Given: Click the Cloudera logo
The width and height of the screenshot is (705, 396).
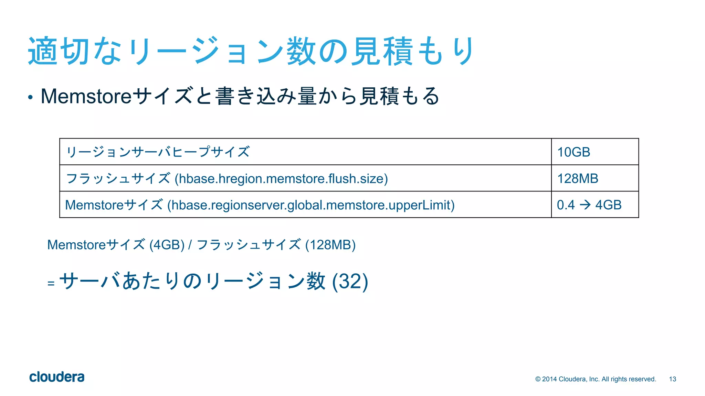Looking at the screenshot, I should tap(57, 377).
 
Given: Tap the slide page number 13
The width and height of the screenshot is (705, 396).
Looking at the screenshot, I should tap(673, 379).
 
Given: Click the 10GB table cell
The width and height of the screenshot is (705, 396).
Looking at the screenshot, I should tap(574, 152).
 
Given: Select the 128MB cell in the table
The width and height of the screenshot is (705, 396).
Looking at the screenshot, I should tap(578, 178).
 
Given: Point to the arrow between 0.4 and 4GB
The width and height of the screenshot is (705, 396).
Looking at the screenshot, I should tap(585, 205).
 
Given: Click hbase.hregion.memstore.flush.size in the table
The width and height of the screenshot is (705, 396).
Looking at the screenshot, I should tap(281, 179).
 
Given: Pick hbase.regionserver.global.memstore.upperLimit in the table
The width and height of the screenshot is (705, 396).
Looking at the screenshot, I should tap(311, 205).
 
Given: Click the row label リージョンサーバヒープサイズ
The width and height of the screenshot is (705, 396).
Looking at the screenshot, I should tap(158, 152).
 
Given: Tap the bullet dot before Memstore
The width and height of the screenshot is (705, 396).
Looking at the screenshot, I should tap(31, 98).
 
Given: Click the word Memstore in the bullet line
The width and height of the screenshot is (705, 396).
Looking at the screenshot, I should tap(86, 96).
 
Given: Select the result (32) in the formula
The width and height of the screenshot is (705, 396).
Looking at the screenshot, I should tap(350, 281).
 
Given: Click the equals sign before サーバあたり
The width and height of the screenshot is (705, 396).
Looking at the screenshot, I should tap(51, 284).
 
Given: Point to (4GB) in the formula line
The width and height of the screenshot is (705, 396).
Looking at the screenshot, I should tap(167, 245).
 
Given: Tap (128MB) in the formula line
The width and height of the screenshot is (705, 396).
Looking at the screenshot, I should tap(330, 245).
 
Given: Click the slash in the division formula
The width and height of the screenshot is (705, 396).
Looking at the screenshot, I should tap(190, 245).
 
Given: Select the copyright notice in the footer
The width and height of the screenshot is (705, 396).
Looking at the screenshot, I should tap(596, 379).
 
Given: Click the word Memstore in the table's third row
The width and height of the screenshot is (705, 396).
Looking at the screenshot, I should tap(94, 205).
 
